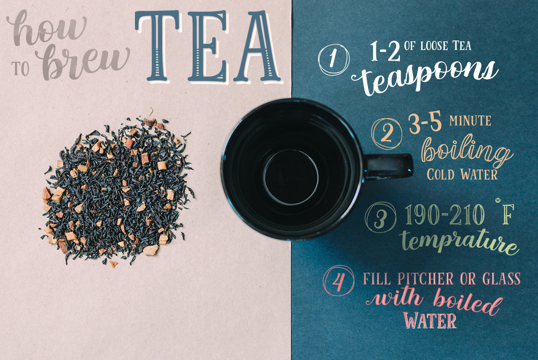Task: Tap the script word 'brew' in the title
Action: coord(82,62)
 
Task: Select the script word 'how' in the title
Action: coord(46,27)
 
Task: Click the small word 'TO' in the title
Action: coord(20,69)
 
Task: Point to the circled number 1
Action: coord(334,59)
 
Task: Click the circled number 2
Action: coord(387,134)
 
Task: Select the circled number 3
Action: coord(380,217)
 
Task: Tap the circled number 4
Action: coord(339,281)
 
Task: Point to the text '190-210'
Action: coord(445,215)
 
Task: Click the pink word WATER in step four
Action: coord(429,320)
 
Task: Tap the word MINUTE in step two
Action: coord(470,121)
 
